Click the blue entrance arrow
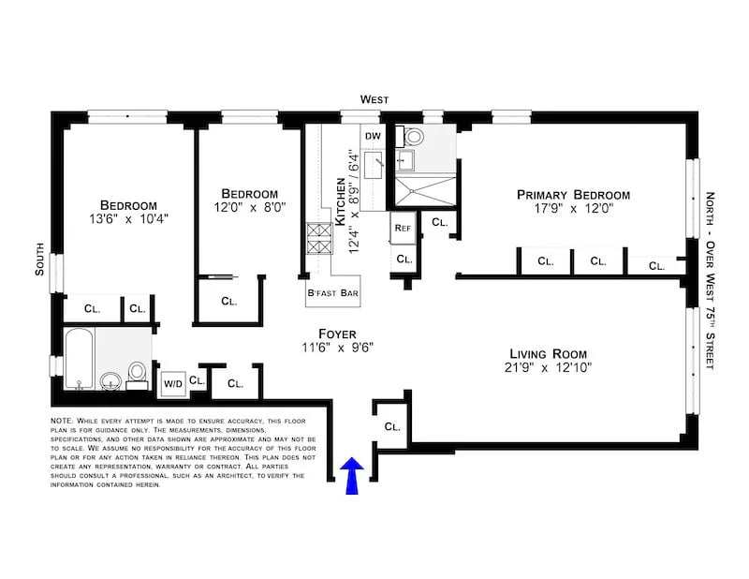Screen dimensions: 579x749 [353, 475]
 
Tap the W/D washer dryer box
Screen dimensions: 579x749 [172, 382]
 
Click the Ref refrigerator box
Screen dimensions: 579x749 [403, 228]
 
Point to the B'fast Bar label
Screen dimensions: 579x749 [332, 293]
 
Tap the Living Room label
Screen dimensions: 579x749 [549, 353]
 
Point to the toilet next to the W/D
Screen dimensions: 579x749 [137, 373]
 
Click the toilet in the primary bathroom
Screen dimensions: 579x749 [412, 137]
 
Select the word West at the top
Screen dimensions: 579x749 [376, 99]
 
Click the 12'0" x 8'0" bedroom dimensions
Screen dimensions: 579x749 [249, 208]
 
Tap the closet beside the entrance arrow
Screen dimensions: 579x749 [391, 425]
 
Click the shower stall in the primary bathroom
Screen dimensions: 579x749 [421, 191]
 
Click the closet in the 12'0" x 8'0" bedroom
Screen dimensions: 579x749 [229, 301]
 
